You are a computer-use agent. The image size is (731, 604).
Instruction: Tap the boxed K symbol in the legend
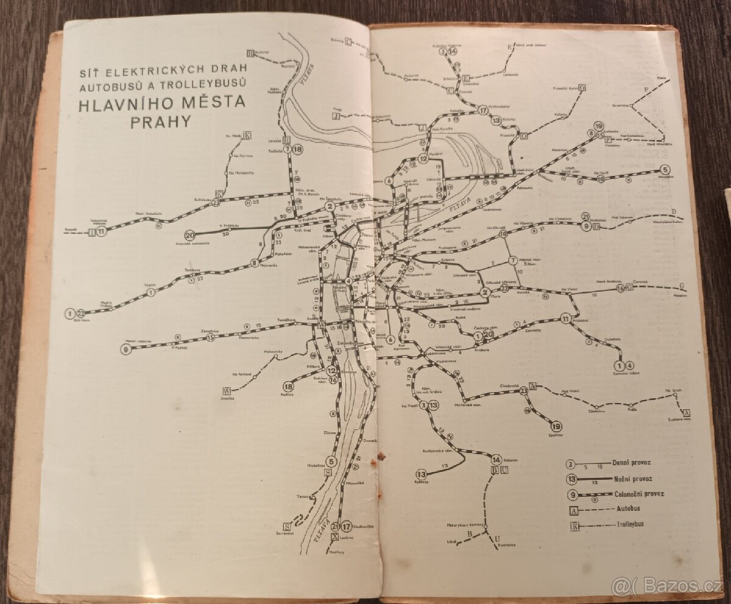[x=574, y=525]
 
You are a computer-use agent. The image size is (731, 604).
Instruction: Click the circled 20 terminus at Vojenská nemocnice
[x=190, y=236]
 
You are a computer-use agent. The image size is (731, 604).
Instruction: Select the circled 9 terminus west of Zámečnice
[x=125, y=349]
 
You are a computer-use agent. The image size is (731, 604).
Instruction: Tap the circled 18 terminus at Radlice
[x=288, y=386]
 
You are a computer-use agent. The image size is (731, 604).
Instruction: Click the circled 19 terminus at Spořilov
[x=556, y=426]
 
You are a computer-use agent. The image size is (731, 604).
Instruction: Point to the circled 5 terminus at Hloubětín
[x=665, y=169]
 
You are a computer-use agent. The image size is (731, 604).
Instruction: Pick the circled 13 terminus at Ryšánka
[x=421, y=474]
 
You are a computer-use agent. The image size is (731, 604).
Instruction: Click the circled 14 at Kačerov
[x=496, y=460]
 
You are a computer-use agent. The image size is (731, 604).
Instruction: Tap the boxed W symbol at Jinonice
[x=227, y=391]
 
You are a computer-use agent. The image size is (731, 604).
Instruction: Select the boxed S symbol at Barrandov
[x=286, y=527]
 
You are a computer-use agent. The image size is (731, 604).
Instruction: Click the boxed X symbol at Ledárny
[x=334, y=538]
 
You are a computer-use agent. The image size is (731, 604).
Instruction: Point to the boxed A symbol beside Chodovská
[x=533, y=387]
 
